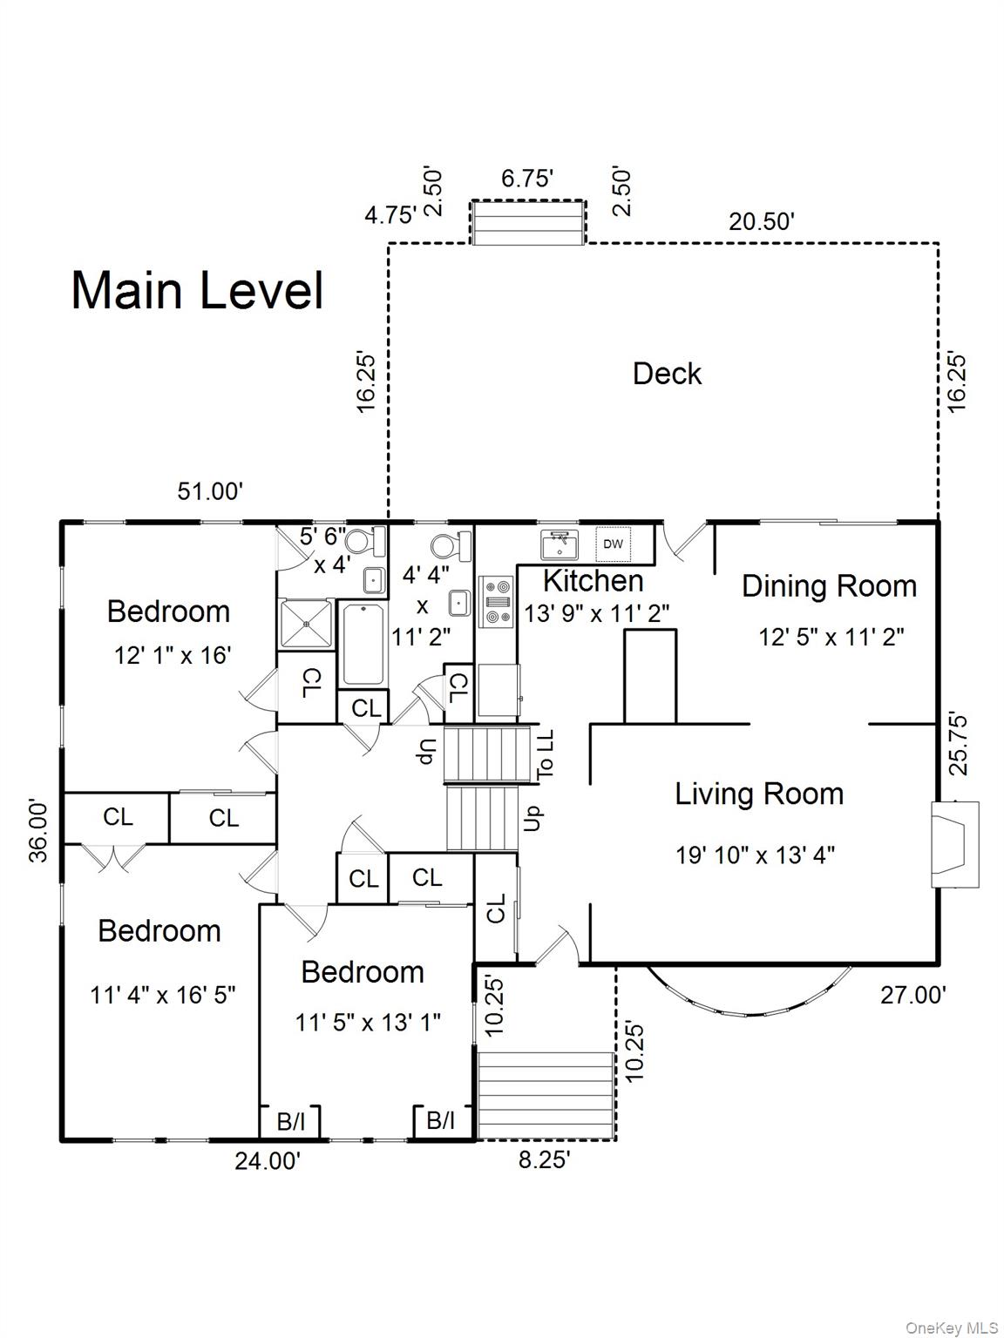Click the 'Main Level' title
click(197, 290)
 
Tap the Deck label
click(667, 373)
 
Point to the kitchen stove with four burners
click(496, 602)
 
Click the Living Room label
click(759, 794)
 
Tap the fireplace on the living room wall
click(954, 844)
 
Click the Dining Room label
click(829, 586)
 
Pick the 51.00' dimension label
click(210, 490)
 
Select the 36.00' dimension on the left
click(38, 831)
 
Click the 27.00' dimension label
click(913, 995)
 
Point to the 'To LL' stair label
click(545, 754)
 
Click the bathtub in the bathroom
click(363, 645)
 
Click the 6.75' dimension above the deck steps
click(527, 179)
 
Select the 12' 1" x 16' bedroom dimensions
click(173, 656)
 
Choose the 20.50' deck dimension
click(762, 221)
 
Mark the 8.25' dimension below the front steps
click(545, 1159)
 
